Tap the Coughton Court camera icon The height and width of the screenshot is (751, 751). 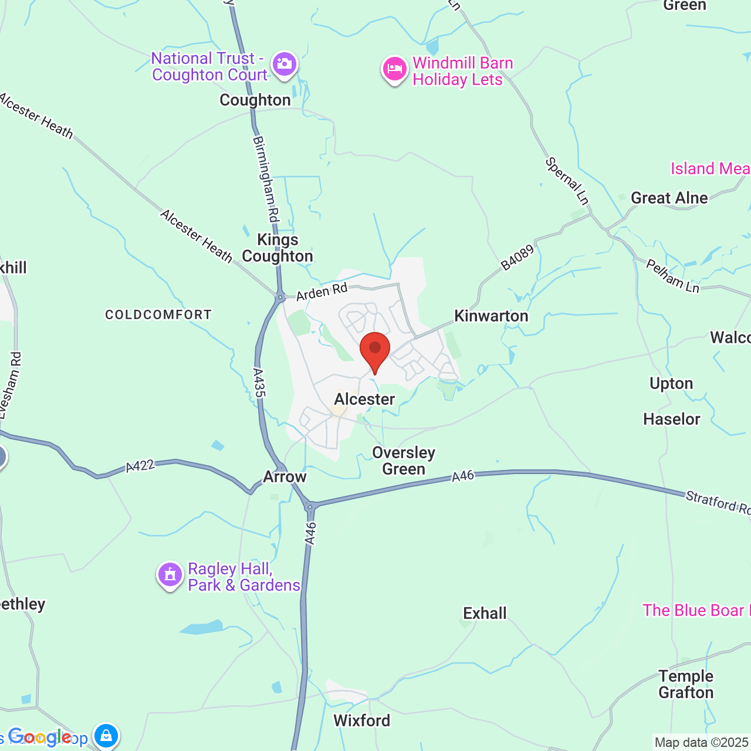point(285,64)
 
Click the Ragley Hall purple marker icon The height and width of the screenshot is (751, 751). point(170,575)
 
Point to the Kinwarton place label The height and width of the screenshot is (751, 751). point(491,316)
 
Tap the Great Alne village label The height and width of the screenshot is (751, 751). point(669,198)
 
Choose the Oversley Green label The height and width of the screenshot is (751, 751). point(404,461)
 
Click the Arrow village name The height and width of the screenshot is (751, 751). point(285,476)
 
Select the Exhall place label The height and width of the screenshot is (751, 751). point(485,614)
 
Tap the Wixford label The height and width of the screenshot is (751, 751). point(361,720)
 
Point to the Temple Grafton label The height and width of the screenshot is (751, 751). point(685,684)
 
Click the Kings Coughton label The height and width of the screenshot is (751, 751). point(278,248)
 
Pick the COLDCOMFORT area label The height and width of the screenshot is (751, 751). point(158,315)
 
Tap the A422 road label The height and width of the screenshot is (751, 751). point(140,466)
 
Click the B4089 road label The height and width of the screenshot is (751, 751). point(517,258)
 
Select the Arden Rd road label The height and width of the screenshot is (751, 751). point(322,292)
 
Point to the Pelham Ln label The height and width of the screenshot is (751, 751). point(672,275)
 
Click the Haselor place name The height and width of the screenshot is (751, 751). point(671,420)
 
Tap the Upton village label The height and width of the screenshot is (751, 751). point(671,384)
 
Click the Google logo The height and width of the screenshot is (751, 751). point(40,737)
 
